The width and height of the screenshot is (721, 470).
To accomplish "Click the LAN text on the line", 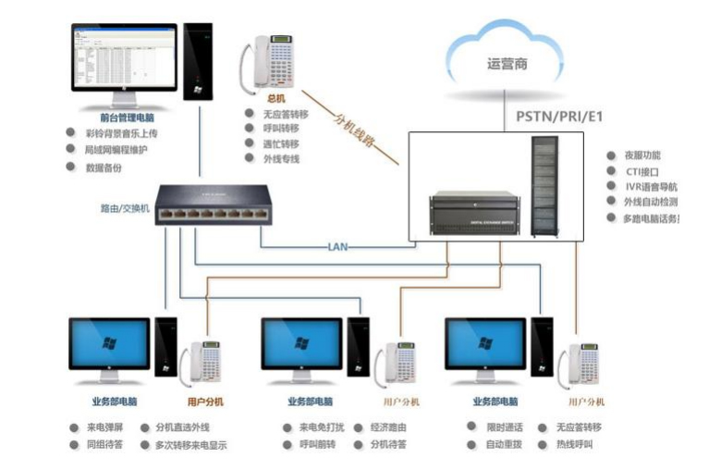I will (338, 247).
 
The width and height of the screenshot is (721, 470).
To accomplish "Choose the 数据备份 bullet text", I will (103, 167).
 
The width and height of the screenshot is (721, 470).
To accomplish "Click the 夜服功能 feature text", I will (642, 155).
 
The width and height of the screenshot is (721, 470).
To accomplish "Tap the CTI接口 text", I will (642, 171).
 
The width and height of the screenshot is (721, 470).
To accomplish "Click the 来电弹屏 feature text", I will (105, 427).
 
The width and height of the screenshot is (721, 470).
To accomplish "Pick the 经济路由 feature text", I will (388, 427).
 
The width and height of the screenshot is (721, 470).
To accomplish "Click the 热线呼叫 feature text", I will (575, 444).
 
